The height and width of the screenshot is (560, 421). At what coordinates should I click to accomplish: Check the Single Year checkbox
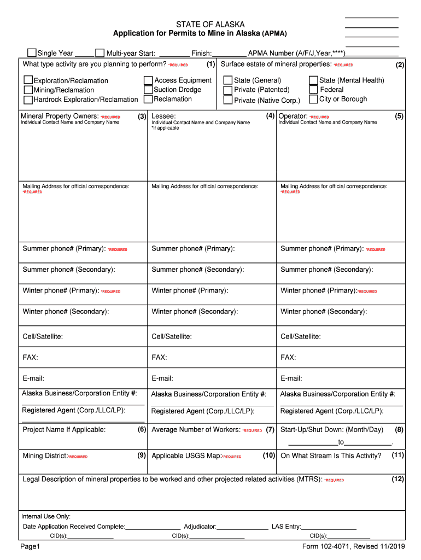[32, 53]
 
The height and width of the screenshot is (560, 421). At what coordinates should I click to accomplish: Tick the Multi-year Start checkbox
[100, 53]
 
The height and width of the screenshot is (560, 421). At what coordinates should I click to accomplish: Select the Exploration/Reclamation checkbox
[28, 80]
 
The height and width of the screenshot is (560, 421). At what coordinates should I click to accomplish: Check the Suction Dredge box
[148, 90]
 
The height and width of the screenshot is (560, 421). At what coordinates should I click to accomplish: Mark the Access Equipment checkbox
[148, 80]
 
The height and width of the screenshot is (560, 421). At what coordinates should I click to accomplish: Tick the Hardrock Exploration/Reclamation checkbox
[28, 100]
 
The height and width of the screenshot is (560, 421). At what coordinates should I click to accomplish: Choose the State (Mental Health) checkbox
[313, 80]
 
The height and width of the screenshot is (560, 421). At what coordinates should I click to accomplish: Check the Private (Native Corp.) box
[228, 100]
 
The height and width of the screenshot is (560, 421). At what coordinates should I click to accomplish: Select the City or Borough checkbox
[313, 100]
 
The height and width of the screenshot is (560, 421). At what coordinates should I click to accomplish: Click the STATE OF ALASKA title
[210, 25]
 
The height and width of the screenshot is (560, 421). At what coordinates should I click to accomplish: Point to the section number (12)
[397, 479]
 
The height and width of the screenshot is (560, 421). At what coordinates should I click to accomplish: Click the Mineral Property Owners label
[60, 116]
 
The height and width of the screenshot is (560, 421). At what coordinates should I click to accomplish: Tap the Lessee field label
[163, 116]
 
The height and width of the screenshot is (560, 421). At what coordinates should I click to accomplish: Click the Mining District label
[45, 456]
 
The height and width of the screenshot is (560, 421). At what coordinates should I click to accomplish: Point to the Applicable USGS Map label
[186, 456]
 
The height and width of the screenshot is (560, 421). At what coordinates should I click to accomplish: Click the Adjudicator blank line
[243, 527]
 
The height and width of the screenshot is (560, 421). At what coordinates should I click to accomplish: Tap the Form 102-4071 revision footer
[353, 547]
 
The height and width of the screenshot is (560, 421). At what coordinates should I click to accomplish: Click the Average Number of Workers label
[196, 430]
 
